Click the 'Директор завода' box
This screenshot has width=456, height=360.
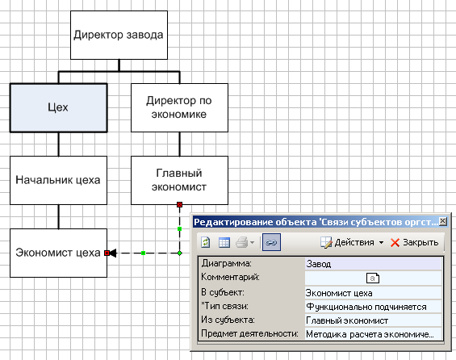[x=119, y=36]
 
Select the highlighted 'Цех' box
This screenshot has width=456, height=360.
[x=58, y=108]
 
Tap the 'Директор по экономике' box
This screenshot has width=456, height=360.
[x=179, y=107]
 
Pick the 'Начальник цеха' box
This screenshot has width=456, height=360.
[x=58, y=180]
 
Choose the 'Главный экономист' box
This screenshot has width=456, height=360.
[x=179, y=180]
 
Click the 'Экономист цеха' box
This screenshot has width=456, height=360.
[x=58, y=253]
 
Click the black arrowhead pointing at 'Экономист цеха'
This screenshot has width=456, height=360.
[x=113, y=253]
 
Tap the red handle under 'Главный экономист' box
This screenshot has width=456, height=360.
[x=179, y=205]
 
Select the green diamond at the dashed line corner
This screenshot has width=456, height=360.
[x=180, y=253]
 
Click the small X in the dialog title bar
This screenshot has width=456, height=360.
[x=442, y=222]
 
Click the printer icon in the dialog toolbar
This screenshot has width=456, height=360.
[x=242, y=242]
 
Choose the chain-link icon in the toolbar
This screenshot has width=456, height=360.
[x=271, y=242]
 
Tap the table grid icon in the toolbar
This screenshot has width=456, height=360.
[x=224, y=242]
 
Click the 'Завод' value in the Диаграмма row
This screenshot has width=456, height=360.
[x=319, y=264]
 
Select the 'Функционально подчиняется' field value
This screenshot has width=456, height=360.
[x=366, y=307]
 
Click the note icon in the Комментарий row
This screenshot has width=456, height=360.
[x=373, y=278]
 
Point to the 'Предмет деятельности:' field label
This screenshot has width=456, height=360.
[x=249, y=333]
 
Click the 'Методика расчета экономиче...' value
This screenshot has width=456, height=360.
[x=370, y=334]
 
